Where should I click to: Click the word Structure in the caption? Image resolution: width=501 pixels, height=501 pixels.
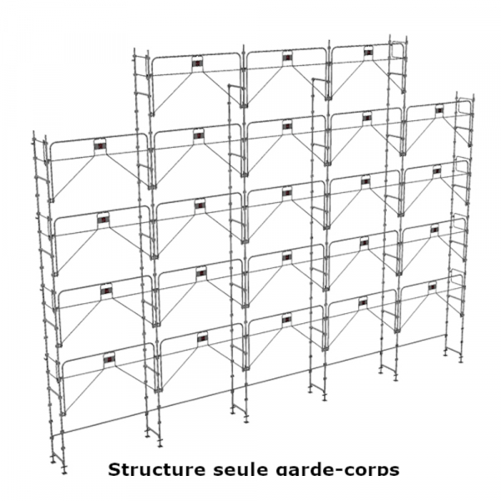point(156,469)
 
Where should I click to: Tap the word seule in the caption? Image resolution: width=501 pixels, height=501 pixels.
point(240,469)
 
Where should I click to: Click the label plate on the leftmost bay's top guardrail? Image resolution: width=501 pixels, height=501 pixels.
point(100,145)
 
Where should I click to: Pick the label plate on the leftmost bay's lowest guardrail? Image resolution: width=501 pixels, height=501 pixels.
point(109,358)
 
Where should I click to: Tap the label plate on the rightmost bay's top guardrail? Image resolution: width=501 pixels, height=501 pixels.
point(439,110)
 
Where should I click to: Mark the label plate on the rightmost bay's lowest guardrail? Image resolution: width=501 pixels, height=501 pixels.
point(433,286)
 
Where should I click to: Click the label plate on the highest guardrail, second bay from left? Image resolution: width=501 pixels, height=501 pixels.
point(198,63)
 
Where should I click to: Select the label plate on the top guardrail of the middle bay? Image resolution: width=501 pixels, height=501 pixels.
point(287,58)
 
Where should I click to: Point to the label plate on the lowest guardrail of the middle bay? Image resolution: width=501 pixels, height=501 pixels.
point(286,318)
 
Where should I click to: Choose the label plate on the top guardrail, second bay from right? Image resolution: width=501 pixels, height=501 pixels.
point(368,52)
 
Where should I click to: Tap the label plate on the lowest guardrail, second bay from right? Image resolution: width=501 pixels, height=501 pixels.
point(363,301)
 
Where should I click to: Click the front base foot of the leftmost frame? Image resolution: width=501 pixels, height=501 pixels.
point(64,469)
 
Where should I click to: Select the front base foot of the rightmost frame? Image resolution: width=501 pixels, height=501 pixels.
point(460,360)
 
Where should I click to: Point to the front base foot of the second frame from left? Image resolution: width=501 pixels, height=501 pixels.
point(159,443)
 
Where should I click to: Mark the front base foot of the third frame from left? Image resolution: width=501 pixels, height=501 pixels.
point(245,419)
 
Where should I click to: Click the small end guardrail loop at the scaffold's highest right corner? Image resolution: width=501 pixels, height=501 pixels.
point(397,50)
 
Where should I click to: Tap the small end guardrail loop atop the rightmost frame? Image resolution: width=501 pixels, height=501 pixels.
point(464,107)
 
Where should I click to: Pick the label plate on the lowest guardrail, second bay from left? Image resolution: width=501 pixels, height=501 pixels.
point(203,337)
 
